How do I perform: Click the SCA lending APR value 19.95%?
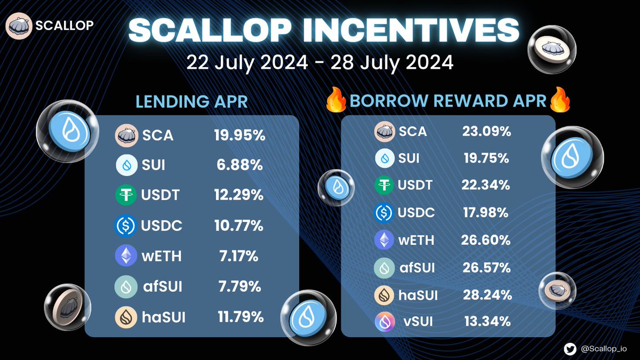(238, 135)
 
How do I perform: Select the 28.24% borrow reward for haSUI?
(486, 294)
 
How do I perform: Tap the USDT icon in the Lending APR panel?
(126, 195)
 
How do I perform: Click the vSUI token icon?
(385, 322)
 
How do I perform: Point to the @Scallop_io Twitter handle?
(605, 348)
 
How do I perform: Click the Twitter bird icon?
(571, 348)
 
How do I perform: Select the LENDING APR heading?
(191, 101)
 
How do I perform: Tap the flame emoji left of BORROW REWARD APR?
(337, 100)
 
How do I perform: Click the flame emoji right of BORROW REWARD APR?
(559, 100)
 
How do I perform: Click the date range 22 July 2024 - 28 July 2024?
(319, 62)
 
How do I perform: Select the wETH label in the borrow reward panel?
(416, 240)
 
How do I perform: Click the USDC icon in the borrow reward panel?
(385, 213)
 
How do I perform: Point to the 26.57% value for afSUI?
(486, 267)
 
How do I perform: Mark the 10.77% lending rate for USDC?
(238, 226)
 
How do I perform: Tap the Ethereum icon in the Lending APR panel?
(126, 256)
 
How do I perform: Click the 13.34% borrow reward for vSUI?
(486, 322)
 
